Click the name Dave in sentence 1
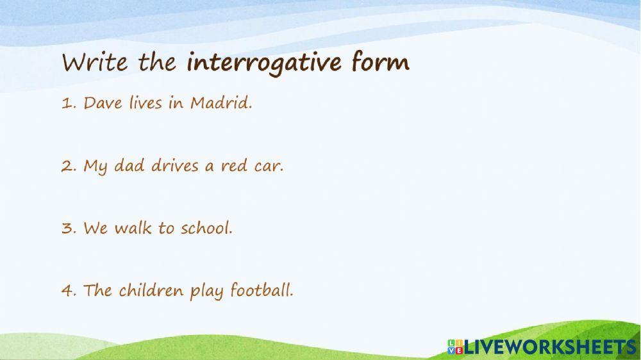click(103, 103)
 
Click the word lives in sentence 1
click(145, 103)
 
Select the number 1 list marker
click(67, 103)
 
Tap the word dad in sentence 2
click(130, 166)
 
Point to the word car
click(269, 166)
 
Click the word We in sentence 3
click(96, 228)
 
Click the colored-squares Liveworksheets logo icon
click(455, 347)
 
